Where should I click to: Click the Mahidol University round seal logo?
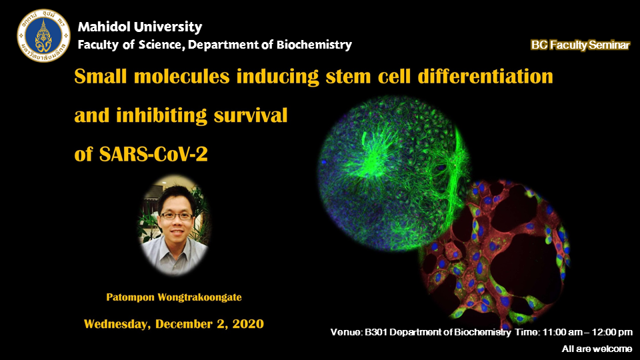coord(43,36)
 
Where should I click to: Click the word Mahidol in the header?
coord(105,27)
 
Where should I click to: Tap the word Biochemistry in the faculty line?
coord(314,44)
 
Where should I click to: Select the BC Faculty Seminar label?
coord(581,45)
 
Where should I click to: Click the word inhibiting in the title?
coord(161,115)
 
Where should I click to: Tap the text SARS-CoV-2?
coord(153,154)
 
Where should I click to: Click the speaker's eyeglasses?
coord(176,216)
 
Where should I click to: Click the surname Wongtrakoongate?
coord(199,297)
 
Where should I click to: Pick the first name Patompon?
coord(130,297)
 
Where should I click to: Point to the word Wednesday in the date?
coord(117,324)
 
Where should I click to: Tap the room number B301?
coord(375,332)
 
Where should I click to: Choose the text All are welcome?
coord(597,349)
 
